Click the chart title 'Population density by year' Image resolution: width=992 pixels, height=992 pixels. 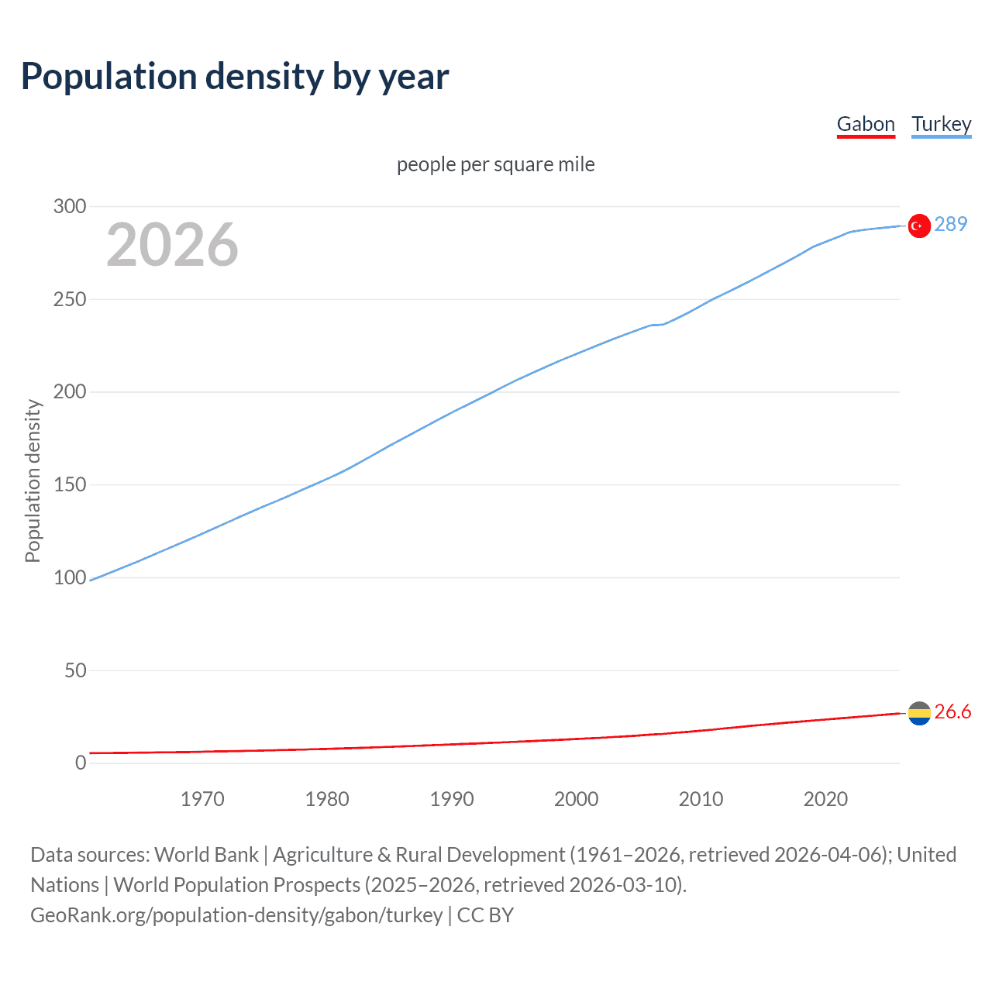coord(235,77)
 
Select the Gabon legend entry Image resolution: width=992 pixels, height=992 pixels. coord(866,124)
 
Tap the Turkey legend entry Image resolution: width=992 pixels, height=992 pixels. coord(941,124)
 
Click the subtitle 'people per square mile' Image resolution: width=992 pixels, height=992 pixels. coord(495,165)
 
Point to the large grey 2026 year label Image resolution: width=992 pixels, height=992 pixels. coord(172,245)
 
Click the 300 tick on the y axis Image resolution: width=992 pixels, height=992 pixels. coord(69,206)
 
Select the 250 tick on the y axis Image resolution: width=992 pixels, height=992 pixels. coord(69,299)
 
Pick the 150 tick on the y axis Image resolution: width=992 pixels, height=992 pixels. coord(69,485)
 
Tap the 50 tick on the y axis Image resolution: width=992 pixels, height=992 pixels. coord(74,670)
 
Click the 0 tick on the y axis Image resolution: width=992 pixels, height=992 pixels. coord(81,763)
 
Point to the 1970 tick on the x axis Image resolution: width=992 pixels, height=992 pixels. coord(202,799)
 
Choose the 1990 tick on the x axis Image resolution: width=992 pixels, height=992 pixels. coord(452,799)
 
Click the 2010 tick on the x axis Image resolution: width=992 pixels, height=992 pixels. coord(701,799)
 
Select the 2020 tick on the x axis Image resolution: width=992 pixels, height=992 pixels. coord(825,799)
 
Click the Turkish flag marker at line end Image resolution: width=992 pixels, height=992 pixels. coord(919,226)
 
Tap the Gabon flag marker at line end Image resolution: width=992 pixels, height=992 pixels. coord(919,713)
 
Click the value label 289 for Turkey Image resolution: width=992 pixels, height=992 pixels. coord(950,225)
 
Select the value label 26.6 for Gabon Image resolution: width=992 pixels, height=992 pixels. coord(952,712)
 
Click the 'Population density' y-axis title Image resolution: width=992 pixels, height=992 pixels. coord(33,480)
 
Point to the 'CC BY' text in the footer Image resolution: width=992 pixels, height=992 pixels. coord(485,915)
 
